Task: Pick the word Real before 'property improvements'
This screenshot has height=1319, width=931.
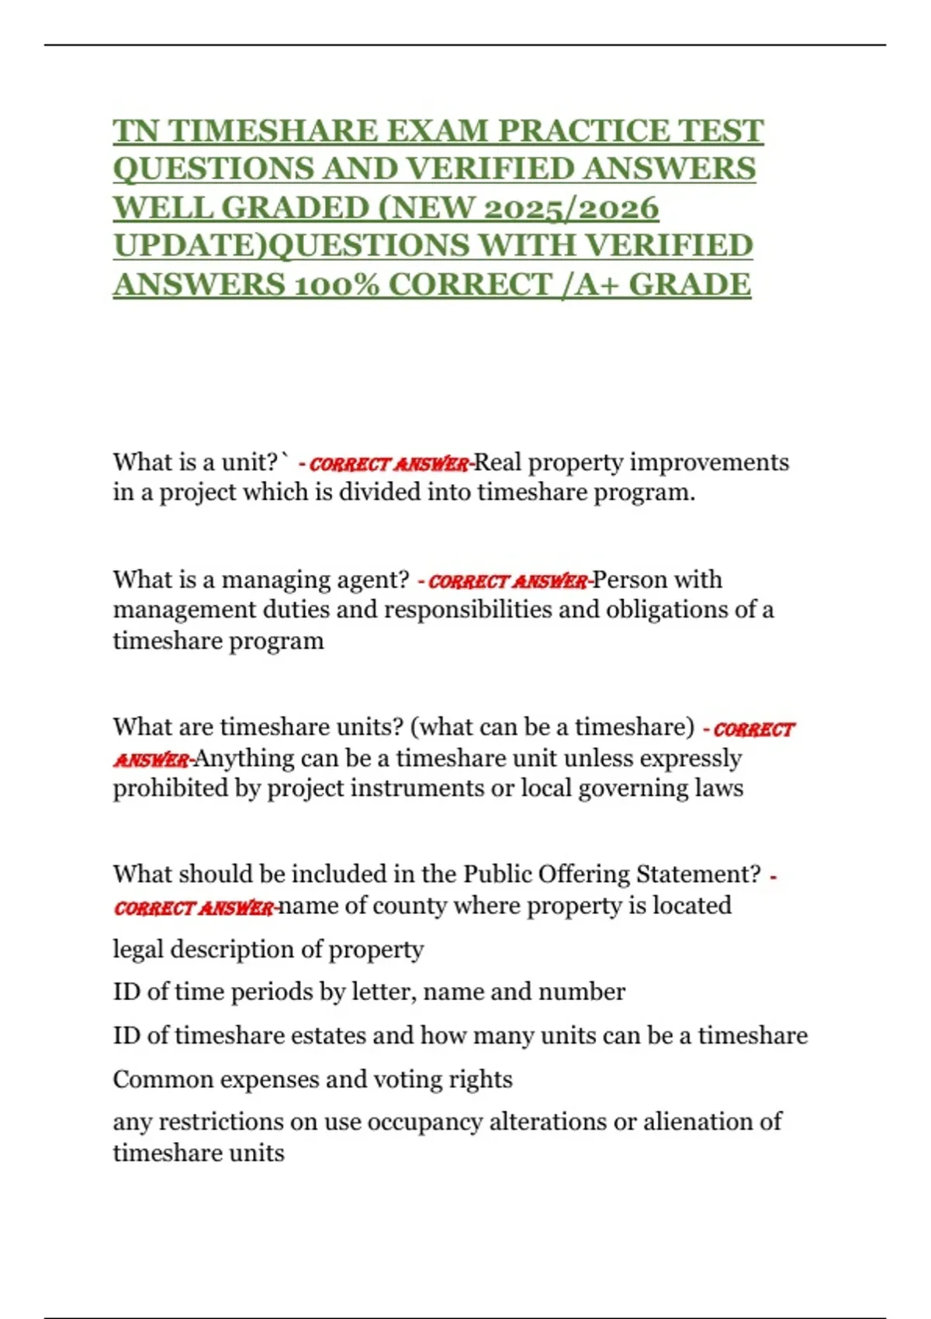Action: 497,462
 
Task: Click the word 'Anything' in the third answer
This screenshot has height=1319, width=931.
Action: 244,758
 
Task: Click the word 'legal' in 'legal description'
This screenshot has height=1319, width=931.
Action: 137,950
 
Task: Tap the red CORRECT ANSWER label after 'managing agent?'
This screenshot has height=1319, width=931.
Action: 508,581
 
